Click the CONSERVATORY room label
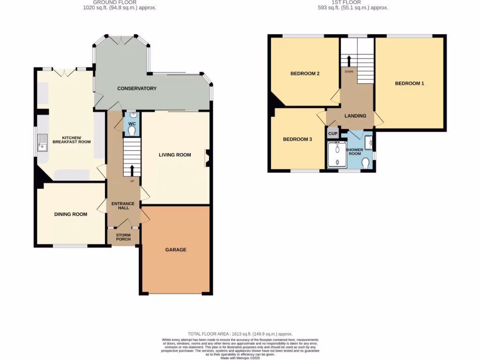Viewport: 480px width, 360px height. click(136, 89)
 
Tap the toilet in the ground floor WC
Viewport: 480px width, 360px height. click(132, 129)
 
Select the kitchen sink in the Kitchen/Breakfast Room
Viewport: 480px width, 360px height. click(43, 142)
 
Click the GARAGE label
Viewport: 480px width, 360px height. click(175, 250)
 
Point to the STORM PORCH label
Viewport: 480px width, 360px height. click(123, 237)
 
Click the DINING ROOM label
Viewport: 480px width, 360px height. click(71, 214)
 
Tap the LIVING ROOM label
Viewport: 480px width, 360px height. click(175, 155)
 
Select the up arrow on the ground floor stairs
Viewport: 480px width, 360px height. click(132, 170)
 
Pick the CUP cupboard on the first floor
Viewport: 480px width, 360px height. click(333, 134)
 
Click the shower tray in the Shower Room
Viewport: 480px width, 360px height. click(337, 155)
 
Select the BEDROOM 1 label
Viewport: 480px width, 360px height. click(409, 83)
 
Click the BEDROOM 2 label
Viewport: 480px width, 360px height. click(305, 74)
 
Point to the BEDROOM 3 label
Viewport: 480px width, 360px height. click(297, 139)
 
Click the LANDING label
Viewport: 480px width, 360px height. click(355, 116)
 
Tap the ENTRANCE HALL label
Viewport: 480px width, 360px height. click(123, 205)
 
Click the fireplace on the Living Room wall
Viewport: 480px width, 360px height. click(207, 158)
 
